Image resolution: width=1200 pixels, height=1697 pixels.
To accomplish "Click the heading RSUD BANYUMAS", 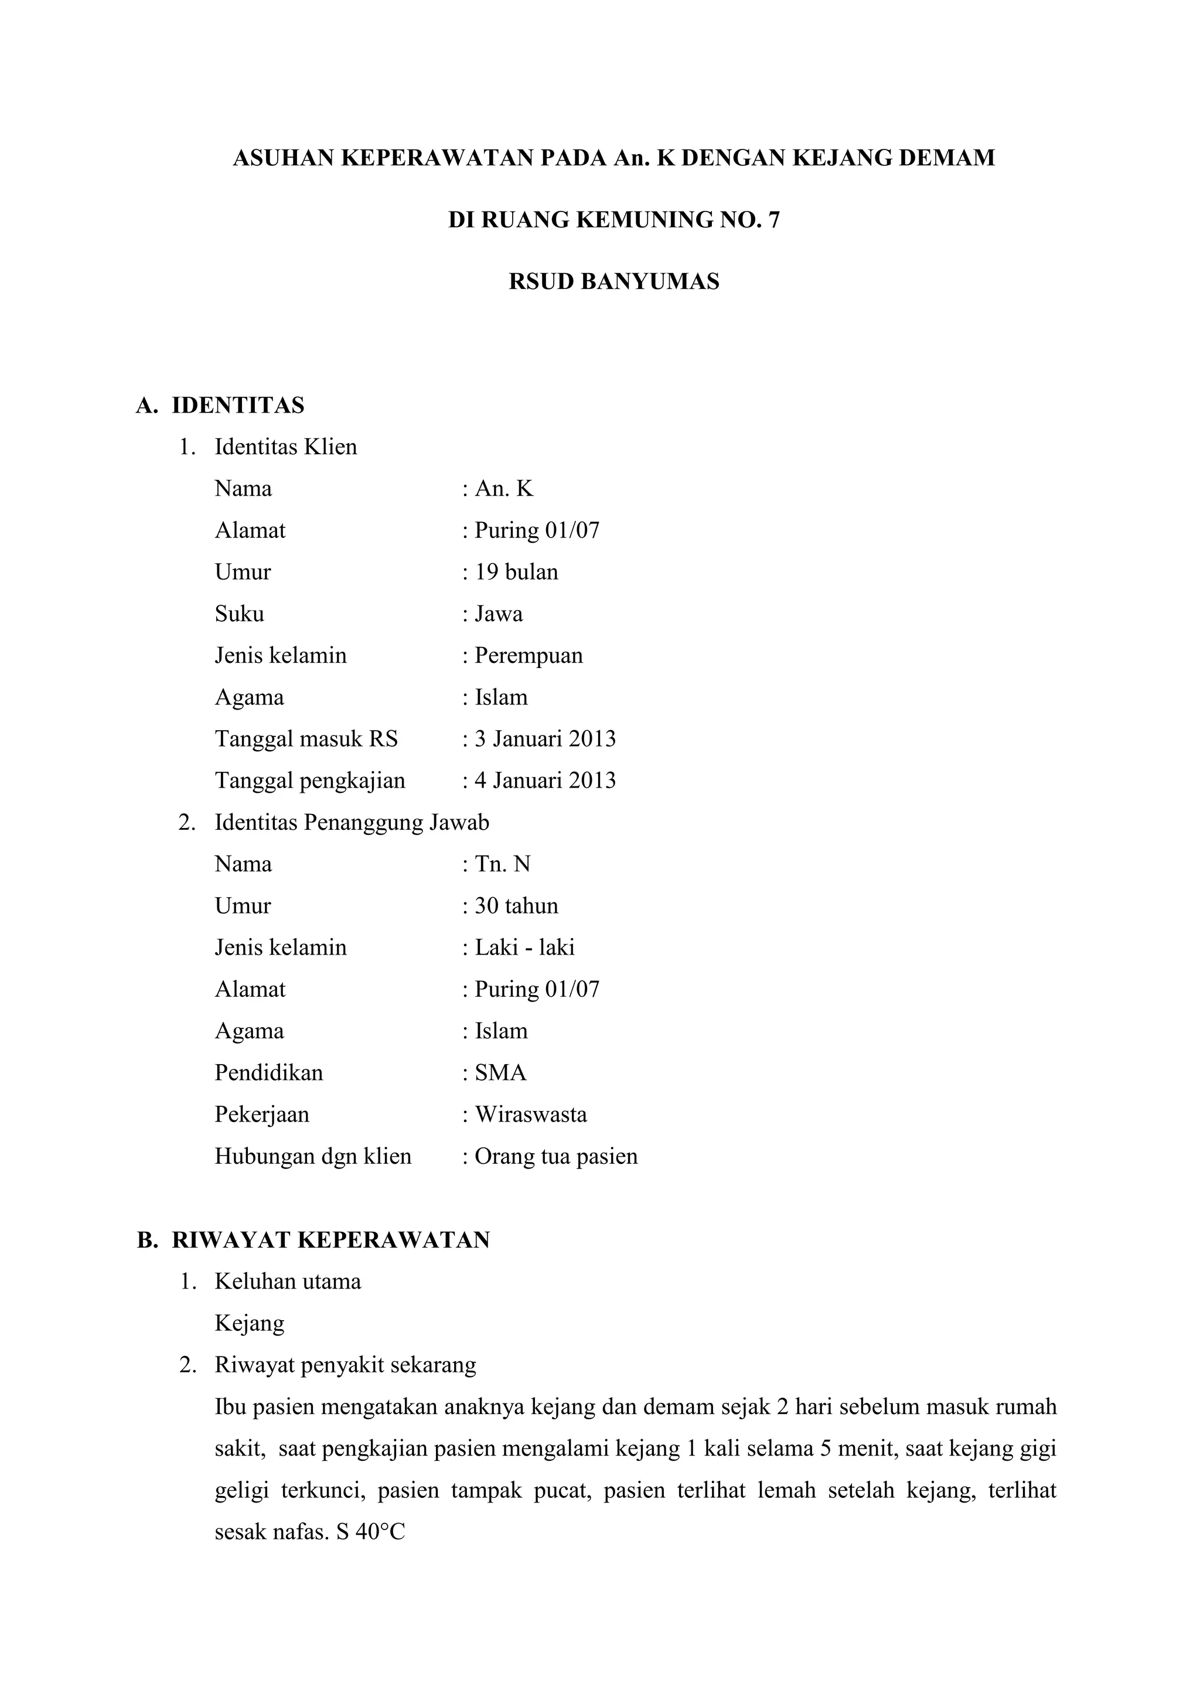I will pos(613,282).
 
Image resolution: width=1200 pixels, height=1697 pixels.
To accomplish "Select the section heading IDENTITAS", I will pos(238,405).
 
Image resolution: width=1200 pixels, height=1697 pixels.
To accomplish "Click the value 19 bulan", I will pos(516,572).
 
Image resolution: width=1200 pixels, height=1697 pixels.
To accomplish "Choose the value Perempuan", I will pos(529,656).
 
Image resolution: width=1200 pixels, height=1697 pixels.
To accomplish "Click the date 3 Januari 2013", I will pos(544,739).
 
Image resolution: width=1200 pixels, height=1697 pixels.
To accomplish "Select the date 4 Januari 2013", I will pos(544,781).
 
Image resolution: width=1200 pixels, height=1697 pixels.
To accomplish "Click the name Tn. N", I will pos(503,864).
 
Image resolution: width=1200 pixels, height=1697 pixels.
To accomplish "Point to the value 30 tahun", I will pos(516,906).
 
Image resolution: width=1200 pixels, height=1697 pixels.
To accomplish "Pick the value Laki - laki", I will pos(524,948).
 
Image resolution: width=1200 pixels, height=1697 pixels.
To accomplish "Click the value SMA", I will pos(500,1072).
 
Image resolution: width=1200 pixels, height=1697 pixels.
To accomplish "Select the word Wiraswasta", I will pos(530,1115).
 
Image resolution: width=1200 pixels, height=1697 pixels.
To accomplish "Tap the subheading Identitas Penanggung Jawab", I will pos(352,823).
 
